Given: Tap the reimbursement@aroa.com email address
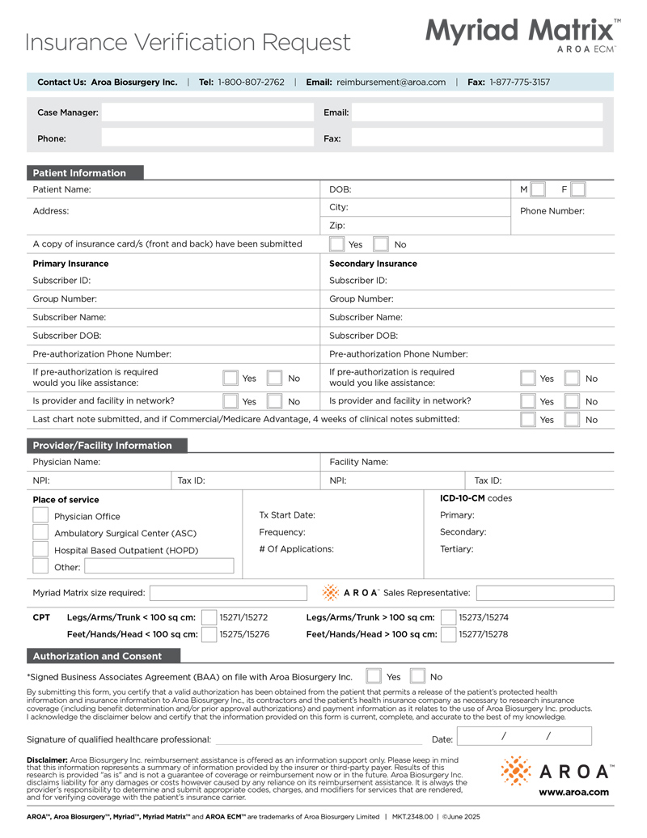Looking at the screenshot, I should (x=391, y=82).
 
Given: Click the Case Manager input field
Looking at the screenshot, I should (x=205, y=112).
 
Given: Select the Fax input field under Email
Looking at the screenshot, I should (x=477, y=138).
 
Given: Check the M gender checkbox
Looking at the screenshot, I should (x=539, y=189).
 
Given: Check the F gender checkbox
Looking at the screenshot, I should (x=577, y=189).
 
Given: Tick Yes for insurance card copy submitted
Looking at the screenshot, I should (x=337, y=244).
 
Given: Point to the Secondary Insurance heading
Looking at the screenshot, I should (x=373, y=264).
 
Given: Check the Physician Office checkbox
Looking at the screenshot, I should (x=40, y=515).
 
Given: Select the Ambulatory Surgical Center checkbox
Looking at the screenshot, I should (x=40, y=532).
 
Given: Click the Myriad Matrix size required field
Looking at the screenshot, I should (x=228, y=593).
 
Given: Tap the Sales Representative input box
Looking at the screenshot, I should (x=544, y=593).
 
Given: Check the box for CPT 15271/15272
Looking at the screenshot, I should (x=209, y=618).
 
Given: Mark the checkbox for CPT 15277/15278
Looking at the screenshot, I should (x=448, y=635).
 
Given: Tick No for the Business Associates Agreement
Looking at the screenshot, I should (x=418, y=676).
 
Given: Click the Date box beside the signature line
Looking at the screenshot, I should (x=525, y=737).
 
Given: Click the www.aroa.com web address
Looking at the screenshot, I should (x=574, y=792).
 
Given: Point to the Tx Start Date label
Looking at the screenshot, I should (x=287, y=515).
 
